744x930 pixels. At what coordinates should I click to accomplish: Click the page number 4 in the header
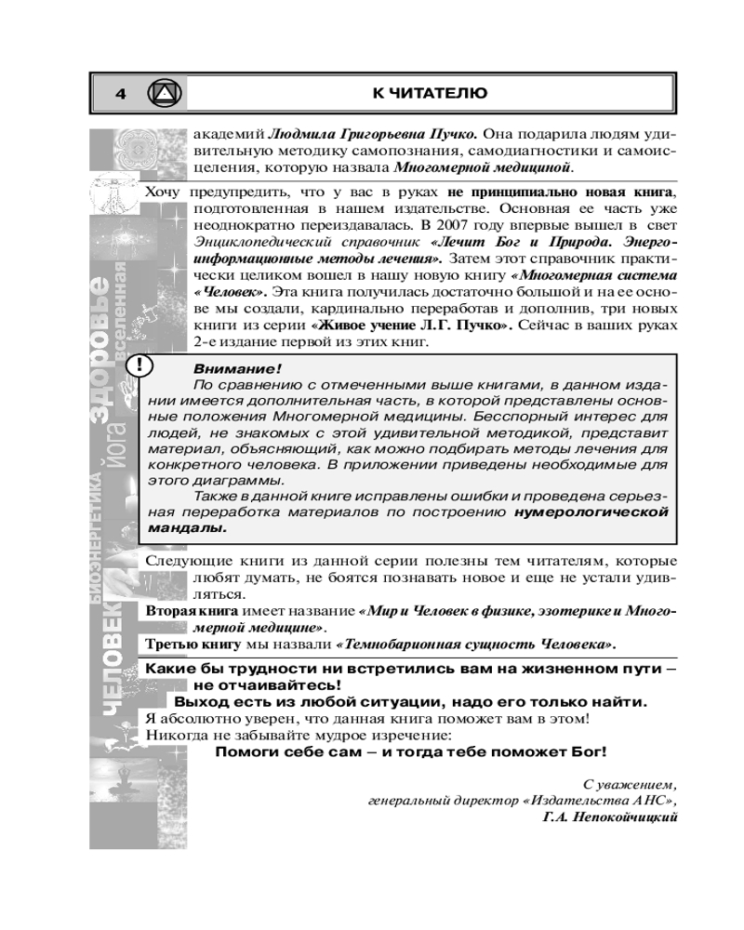[x=120, y=93]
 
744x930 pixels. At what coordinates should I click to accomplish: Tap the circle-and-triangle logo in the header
[x=165, y=93]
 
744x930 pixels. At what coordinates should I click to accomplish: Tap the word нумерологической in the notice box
[x=592, y=511]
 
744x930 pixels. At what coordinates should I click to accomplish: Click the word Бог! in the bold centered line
[x=586, y=751]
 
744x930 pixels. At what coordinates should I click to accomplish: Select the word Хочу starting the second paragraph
[x=163, y=193]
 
